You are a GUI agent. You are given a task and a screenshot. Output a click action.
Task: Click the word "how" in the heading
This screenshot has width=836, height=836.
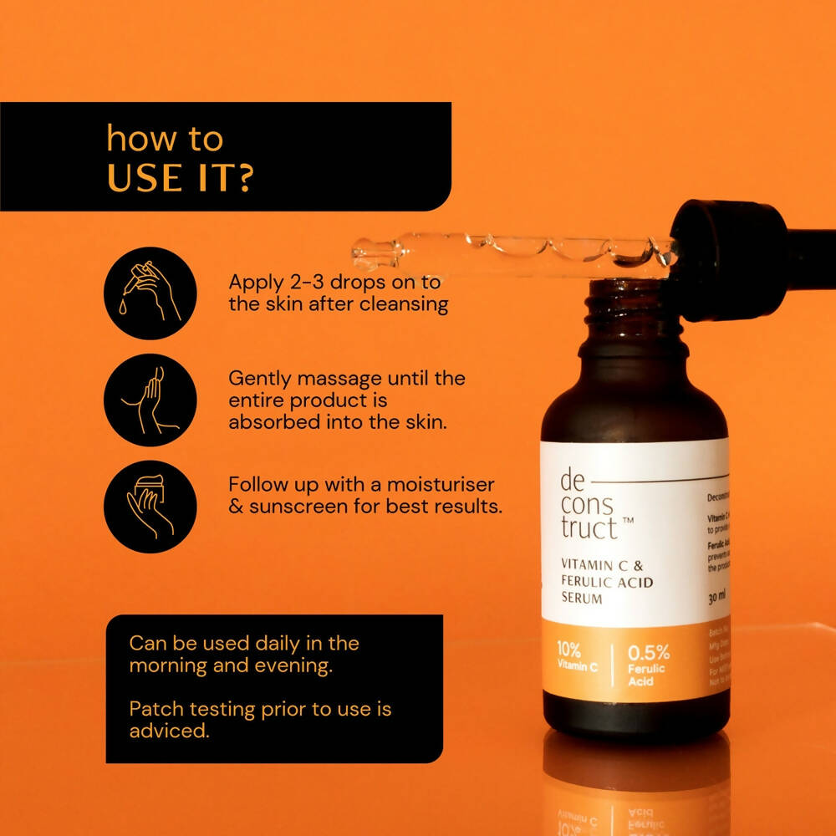click(x=134, y=139)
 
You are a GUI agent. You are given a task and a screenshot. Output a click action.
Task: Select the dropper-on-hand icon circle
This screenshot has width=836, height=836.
click(x=150, y=293)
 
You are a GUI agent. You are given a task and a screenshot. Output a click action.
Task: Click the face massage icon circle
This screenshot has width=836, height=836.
click(x=150, y=400)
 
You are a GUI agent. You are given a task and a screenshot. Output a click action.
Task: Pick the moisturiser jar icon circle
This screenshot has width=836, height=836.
click(x=150, y=507)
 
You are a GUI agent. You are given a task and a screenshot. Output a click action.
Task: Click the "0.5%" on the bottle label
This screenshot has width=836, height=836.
click(x=649, y=653)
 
